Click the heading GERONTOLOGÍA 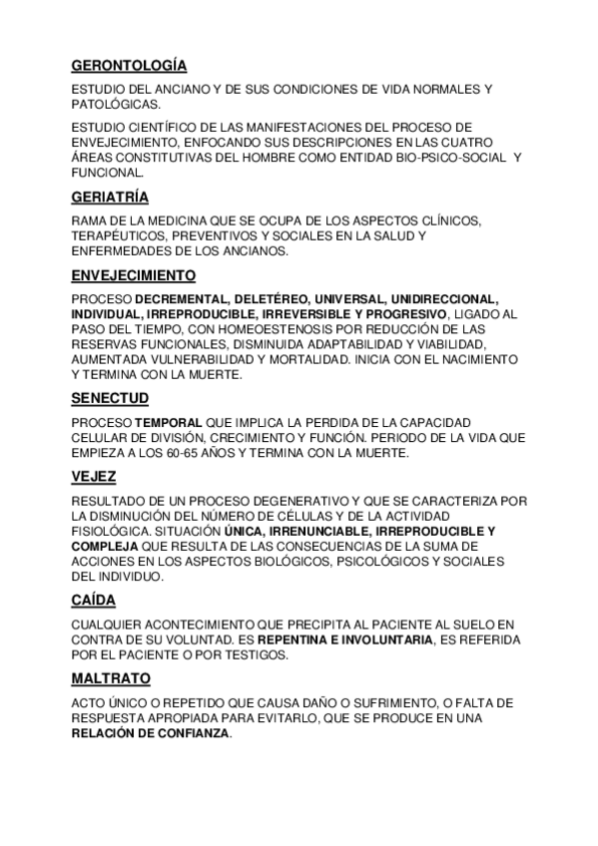(x=129, y=66)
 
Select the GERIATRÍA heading (x=110, y=198)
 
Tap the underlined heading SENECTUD (x=110, y=397)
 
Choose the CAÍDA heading (x=94, y=600)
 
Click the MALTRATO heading (x=111, y=678)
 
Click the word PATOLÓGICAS (x=113, y=104)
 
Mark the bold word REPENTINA (x=299, y=639)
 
